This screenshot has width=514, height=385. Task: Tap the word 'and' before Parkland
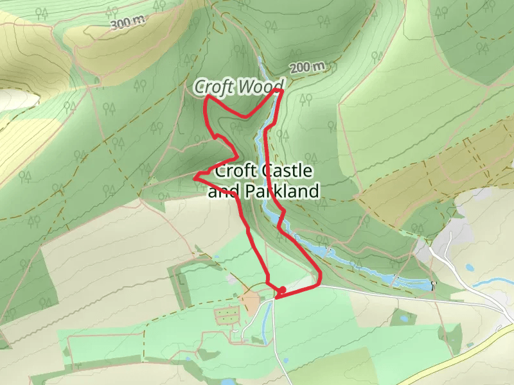[222, 191]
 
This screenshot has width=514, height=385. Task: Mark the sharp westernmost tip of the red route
[195, 175]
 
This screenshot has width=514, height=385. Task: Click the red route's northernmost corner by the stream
[281, 91]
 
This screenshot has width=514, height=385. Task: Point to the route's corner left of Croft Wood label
[206, 97]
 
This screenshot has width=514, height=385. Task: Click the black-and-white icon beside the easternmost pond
[434, 284]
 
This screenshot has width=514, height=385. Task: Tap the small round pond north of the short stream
[470, 267]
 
